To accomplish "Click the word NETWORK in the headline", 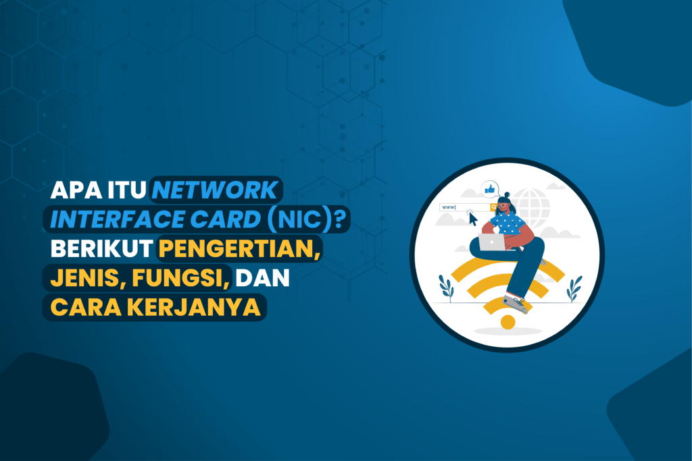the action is pyautogui.click(x=214, y=190).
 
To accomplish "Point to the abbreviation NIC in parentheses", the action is pyautogui.click(x=300, y=219).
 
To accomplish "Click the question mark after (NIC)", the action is pyautogui.click(x=340, y=219).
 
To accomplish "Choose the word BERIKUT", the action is pyautogui.click(x=101, y=248).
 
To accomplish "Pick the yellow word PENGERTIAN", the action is pyautogui.click(x=237, y=248).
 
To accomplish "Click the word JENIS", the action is pyautogui.click(x=86, y=278).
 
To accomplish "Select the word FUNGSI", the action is pyautogui.click(x=178, y=278).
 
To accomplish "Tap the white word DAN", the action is pyautogui.click(x=262, y=277).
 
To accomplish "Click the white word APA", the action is pyautogui.click(x=76, y=190).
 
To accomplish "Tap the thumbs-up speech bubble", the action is pyautogui.click(x=490, y=190).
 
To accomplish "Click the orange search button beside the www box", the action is pyautogui.click(x=493, y=207).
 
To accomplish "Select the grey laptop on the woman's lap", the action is pyautogui.click(x=492, y=242).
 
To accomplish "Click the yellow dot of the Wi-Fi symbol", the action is pyautogui.click(x=508, y=322).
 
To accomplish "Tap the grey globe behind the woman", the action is pyautogui.click(x=533, y=207).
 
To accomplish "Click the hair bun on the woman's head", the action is pyautogui.click(x=507, y=195).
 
